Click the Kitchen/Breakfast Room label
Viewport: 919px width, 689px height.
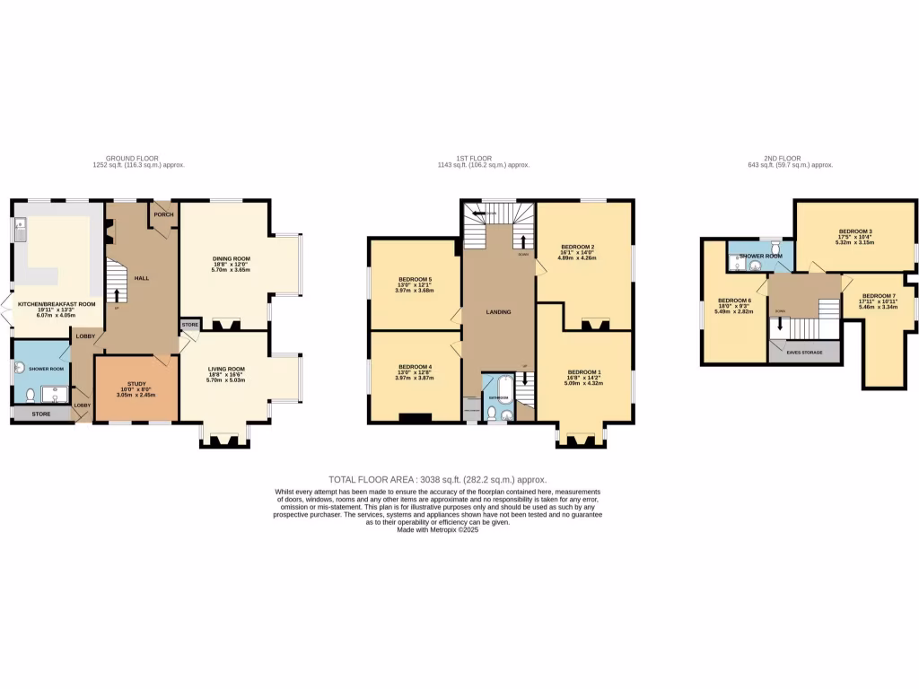click(x=62, y=304)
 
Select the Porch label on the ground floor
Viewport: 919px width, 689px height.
click(x=163, y=214)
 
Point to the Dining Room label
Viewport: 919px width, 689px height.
click(x=231, y=258)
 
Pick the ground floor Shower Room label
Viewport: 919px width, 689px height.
click(x=46, y=369)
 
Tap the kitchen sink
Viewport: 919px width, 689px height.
click(x=20, y=231)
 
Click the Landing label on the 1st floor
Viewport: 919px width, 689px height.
click(x=498, y=312)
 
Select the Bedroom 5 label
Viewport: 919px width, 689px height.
click(x=416, y=279)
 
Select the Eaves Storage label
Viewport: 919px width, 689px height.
click(x=803, y=353)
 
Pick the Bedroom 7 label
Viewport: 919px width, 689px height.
click(x=878, y=296)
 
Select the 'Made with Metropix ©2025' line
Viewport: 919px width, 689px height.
click(x=438, y=529)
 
